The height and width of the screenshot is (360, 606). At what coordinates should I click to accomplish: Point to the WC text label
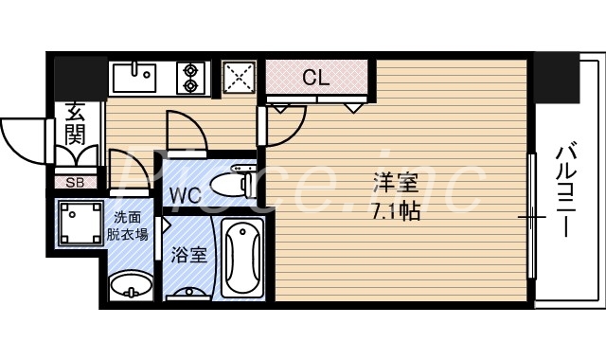pyautogui.click(x=185, y=196)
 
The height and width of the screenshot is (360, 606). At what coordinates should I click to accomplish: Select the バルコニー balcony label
pyautogui.click(x=568, y=189)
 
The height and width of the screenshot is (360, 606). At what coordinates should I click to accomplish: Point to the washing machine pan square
pyautogui.click(x=80, y=224)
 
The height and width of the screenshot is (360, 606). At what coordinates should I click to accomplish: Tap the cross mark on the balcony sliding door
pyautogui.click(x=532, y=218)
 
